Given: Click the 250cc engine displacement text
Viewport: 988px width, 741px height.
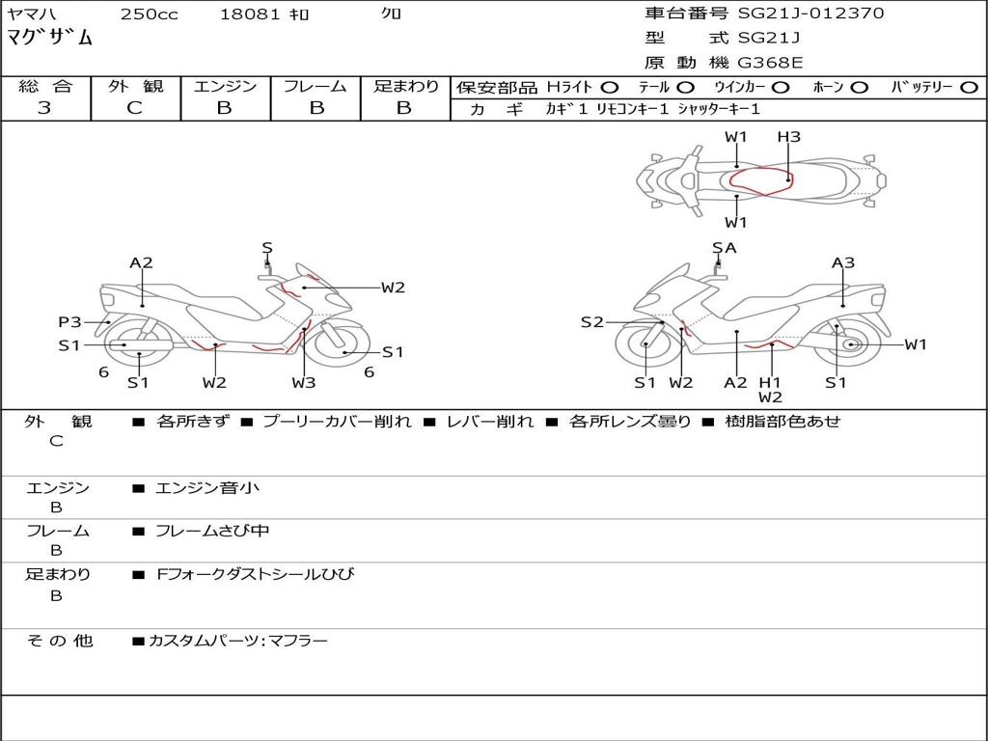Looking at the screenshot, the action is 149,14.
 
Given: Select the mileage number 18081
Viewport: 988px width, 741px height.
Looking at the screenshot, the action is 250,14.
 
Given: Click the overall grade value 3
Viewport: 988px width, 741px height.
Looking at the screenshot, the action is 44,108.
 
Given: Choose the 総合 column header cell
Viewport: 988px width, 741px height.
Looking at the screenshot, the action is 45,86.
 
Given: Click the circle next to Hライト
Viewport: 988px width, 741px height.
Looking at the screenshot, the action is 610,87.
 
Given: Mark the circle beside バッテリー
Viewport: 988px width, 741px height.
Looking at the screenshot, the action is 969,87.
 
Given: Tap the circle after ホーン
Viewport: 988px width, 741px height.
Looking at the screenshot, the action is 859,87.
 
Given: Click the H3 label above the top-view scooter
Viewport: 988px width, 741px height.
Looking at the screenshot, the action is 788,137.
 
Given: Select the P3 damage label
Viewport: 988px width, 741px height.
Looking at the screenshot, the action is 69,322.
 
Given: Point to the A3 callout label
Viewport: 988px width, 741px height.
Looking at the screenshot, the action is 843,262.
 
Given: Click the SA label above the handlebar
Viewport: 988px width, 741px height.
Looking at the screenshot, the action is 724,248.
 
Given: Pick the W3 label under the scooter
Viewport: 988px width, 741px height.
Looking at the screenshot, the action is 304,383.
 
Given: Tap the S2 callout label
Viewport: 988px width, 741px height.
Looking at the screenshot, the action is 591,322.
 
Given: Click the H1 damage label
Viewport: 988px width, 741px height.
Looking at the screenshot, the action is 769,382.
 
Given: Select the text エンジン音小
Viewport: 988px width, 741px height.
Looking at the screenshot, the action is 207,488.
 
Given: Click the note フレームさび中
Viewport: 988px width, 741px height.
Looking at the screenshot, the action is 212,531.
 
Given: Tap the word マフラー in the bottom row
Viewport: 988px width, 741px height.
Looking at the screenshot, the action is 298,641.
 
